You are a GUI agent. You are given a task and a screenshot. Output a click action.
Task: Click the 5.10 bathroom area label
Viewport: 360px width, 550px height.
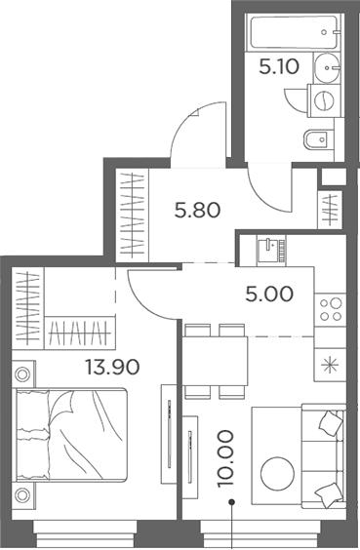[x=279, y=66]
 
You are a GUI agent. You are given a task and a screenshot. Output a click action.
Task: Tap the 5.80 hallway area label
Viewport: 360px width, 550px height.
[x=197, y=211]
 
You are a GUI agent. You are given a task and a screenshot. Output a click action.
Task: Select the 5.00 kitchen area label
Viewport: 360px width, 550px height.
[x=269, y=294]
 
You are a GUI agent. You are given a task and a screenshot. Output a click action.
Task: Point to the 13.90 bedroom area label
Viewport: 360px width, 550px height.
[x=112, y=367]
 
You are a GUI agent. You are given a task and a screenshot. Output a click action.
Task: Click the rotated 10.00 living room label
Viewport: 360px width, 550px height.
[x=225, y=458]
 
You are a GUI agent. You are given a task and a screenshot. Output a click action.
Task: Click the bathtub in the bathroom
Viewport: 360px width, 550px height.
[x=294, y=32]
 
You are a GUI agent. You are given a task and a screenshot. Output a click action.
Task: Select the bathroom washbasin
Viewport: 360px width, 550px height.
[x=327, y=68]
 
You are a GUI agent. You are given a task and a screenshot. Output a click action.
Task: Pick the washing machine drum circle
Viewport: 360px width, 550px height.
[x=325, y=100]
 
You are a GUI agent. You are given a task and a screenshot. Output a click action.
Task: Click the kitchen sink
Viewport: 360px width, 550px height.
[x=271, y=249]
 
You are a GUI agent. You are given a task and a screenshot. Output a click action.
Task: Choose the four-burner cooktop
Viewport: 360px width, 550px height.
[x=331, y=310]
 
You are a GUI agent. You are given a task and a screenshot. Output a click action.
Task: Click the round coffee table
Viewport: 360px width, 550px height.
[x=277, y=474]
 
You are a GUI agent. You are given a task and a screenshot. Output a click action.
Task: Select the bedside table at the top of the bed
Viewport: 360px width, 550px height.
[x=23, y=373]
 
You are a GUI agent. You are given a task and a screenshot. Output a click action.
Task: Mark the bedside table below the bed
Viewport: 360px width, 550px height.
[x=23, y=495]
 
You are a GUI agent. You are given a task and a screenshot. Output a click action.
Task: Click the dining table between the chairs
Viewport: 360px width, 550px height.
[x=215, y=361]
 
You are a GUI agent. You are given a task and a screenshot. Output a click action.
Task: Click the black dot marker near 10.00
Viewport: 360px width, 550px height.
[x=231, y=502]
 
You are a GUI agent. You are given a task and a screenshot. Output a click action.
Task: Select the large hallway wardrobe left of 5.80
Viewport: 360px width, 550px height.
[x=133, y=216]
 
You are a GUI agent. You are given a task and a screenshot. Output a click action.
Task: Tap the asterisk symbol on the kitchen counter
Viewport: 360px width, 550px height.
[x=331, y=366]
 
